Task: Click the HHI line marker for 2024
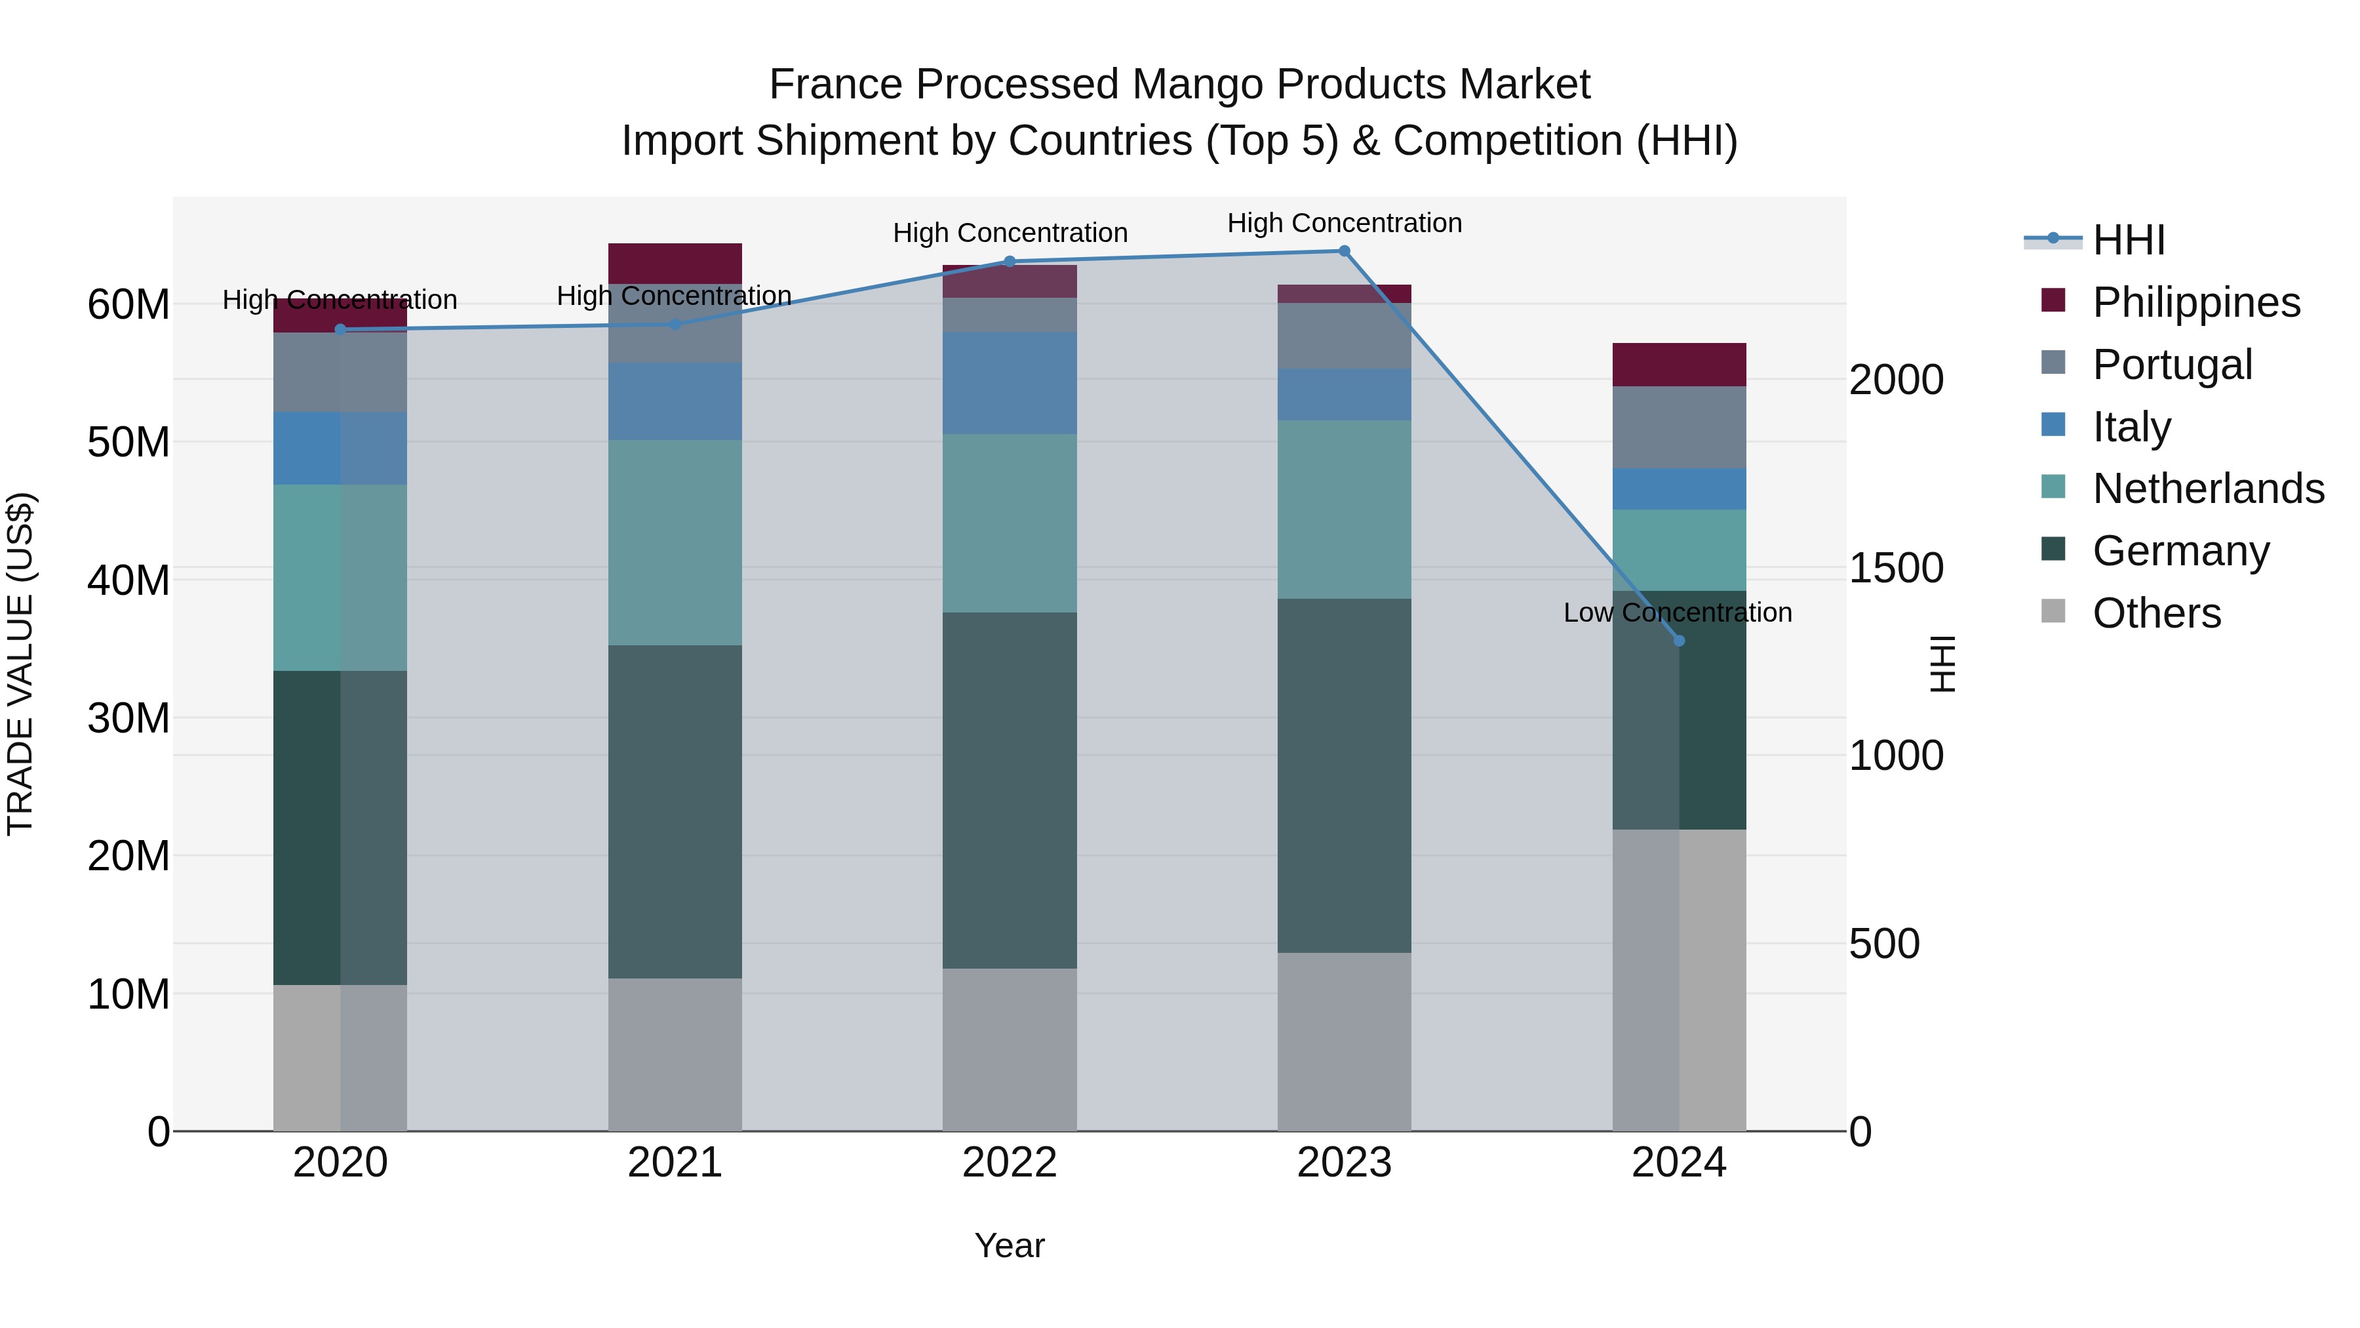(1678, 641)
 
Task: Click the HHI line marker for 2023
(1344, 251)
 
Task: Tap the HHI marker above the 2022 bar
(1010, 261)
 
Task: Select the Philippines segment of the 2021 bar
(675, 263)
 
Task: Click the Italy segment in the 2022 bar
(1010, 383)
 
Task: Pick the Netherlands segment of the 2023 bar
(1344, 510)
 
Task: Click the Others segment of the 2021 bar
(675, 1054)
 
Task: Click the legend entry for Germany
(2180, 551)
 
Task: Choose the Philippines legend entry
(2195, 302)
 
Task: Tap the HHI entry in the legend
(2128, 240)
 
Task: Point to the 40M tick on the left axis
(128, 580)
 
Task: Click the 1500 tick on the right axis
(1895, 568)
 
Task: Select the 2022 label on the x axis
(1010, 1163)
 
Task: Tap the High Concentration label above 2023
(1344, 223)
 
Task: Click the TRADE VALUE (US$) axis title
(20, 664)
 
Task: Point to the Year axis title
(1009, 1245)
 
